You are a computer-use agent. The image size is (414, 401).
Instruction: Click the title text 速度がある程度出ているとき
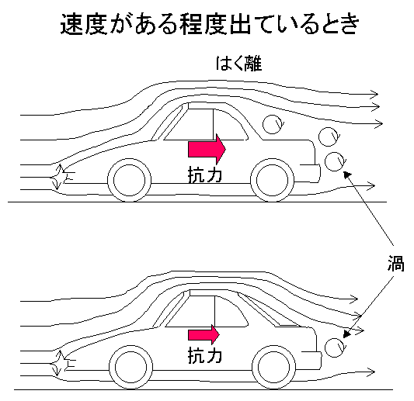pyautogui.click(x=210, y=24)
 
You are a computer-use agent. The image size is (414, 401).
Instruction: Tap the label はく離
pyautogui.click(x=239, y=64)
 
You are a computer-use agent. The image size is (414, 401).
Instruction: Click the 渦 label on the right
pyautogui.click(x=396, y=264)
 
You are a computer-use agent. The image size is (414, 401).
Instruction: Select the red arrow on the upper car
pyautogui.click(x=207, y=149)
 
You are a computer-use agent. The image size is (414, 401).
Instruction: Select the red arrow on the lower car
pyautogui.click(x=204, y=334)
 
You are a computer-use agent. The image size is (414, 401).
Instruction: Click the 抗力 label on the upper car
pyautogui.click(x=205, y=175)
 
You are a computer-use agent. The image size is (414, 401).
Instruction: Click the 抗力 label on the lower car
pyautogui.click(x=205, y=355)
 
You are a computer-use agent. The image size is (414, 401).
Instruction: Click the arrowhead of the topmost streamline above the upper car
pyautogui.click(x=374, y=94)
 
